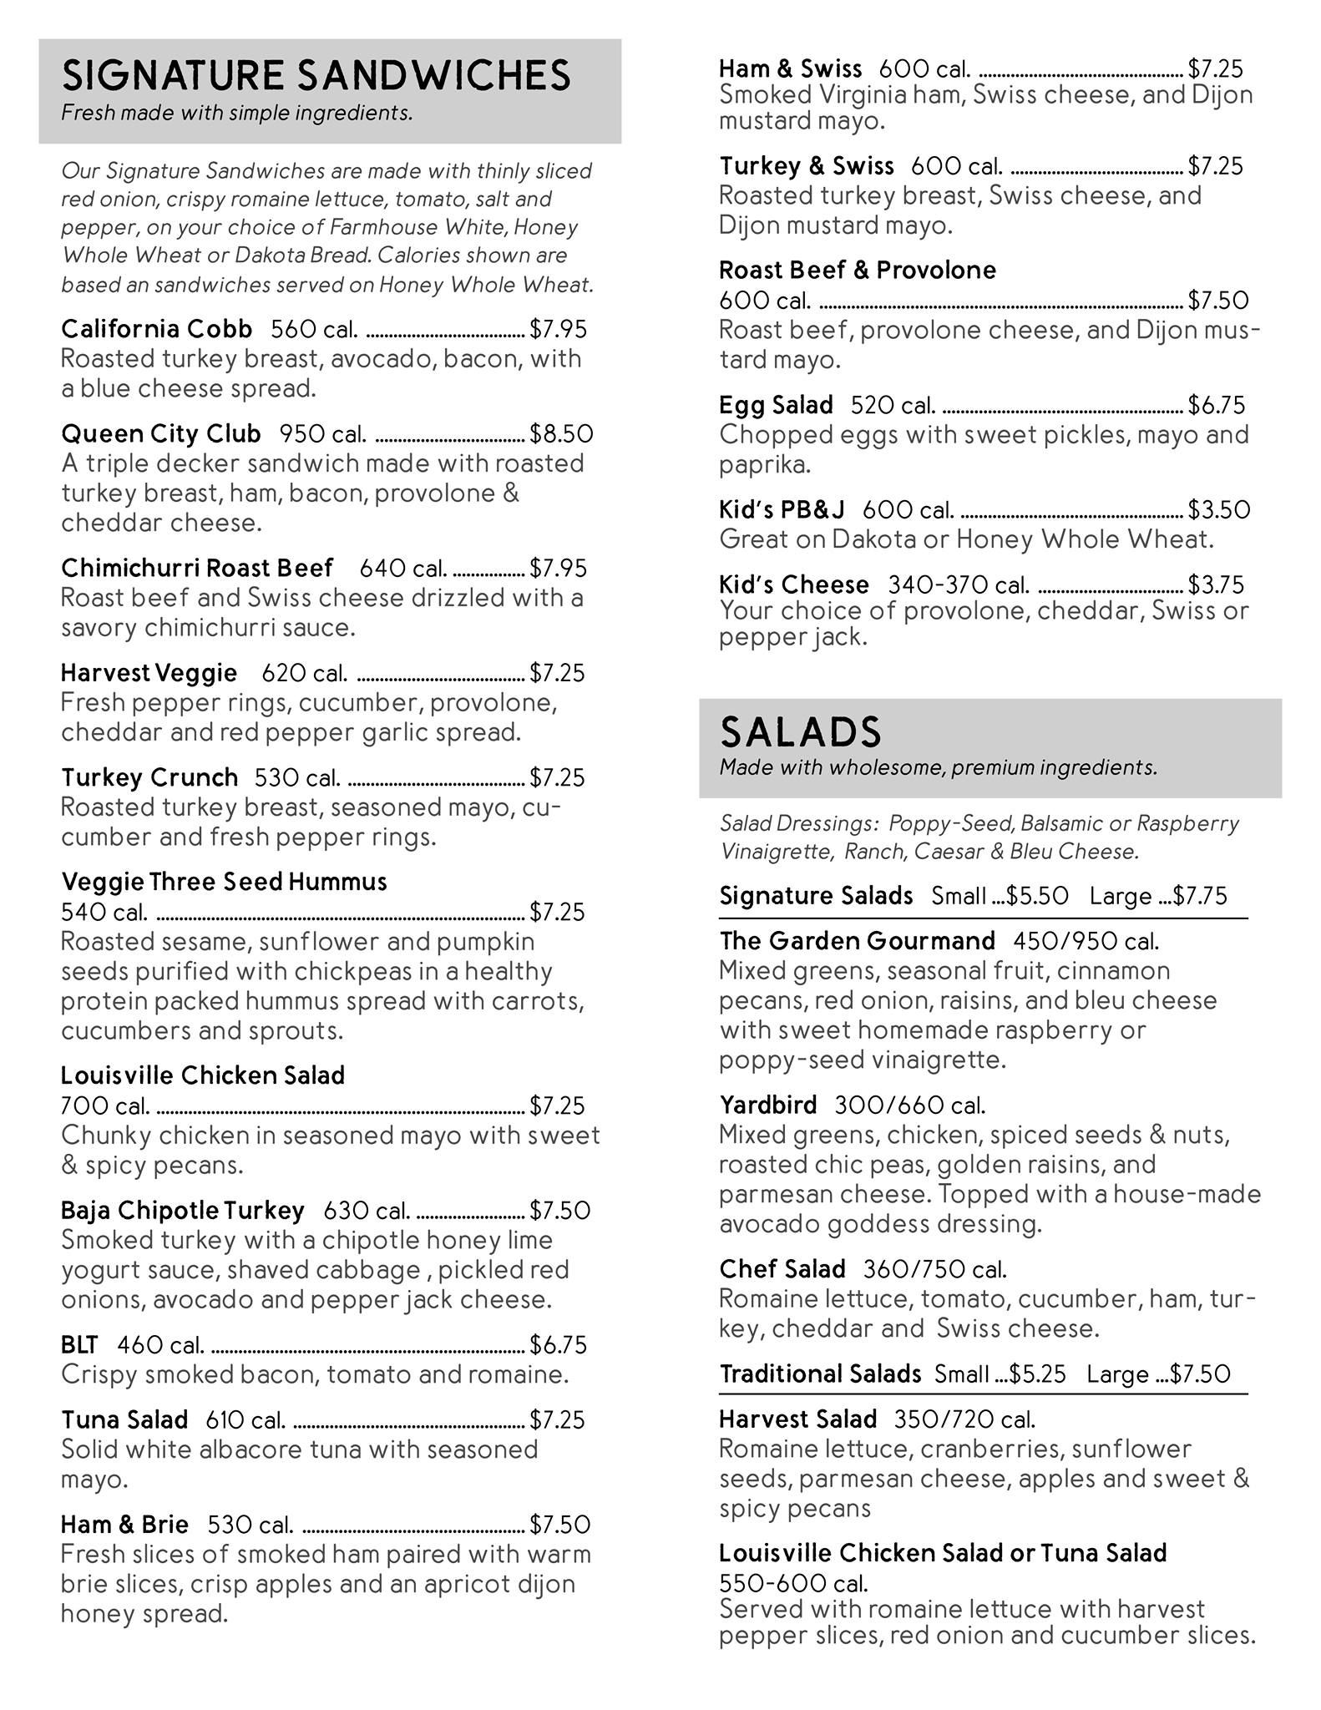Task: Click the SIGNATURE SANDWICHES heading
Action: pyautogui.click(x=316, y=76)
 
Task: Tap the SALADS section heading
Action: pyautogui.click(x=800, y=732)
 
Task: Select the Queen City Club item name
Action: pyautogui.click(x=160, y=434)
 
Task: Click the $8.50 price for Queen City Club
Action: pyautogui.click(x=561, y=434)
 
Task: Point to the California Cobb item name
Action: pyautogui.click(x=156, y=329)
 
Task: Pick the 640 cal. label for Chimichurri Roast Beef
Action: pyautogui.click(x=402, y=569)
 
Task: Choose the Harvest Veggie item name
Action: pyautogui.click(x=149, y=673)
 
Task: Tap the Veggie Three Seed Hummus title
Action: pyautogui.click(x=224, y=882)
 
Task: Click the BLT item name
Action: pyautogui.click(x=79, y=1345)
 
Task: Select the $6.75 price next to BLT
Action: pyautogui.click(x=558, y=1345)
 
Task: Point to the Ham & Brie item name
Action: pyautogui.click(x=124, y=1525)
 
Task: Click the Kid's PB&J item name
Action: pyautogui.click(x=782, y=509)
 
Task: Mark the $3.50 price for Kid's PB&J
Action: pyautogui.click(x=1219, y=509)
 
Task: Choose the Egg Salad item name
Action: pyautogui.click(x=776, y=405)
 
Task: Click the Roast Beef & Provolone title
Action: pyautogui.click(x=857, y=270)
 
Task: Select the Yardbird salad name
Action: pyautogui.click(x=767, y=1105)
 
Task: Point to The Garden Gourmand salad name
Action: pyautogui.click(x=857, y=941)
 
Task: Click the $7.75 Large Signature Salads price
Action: pyautogui.click(x=1200, y=896)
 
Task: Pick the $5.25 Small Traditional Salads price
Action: pyautogui.click(x=1037, y=1374)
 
